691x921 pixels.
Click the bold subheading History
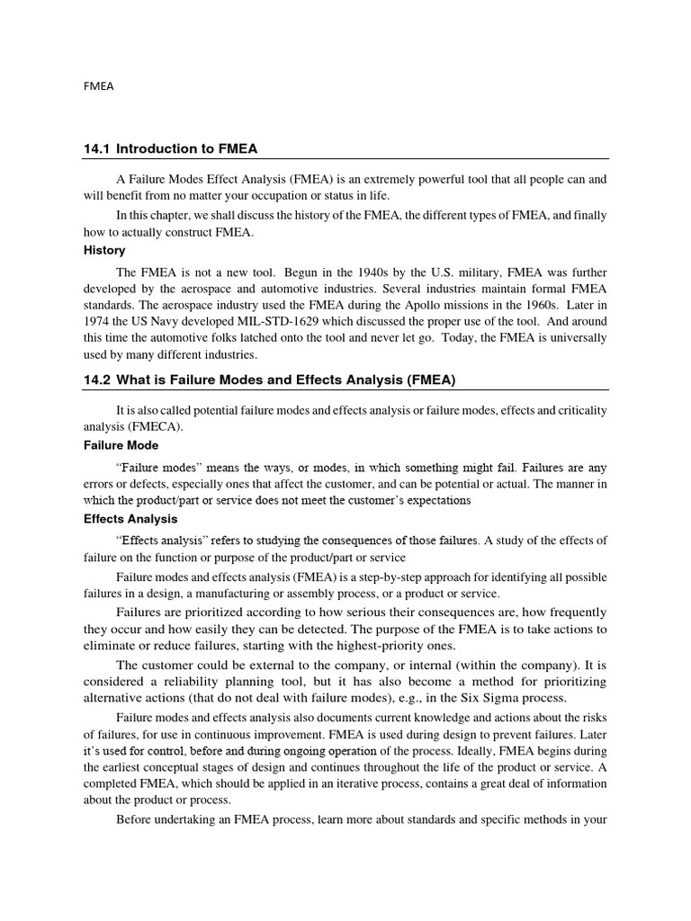[x=104, y=250]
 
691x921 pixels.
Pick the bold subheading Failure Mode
[x=121, y=445]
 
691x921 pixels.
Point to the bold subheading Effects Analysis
[x=130, y=519]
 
